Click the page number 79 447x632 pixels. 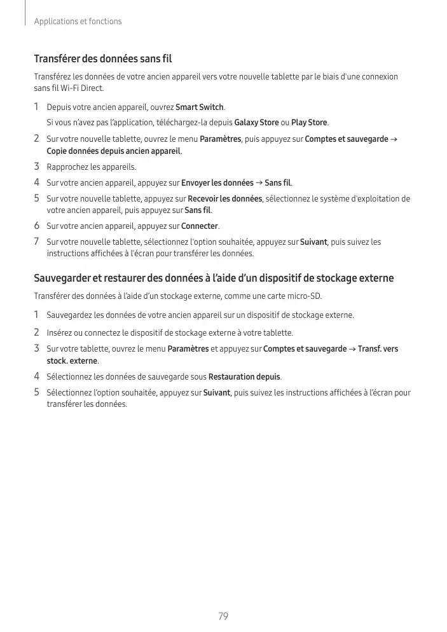coord(223,616)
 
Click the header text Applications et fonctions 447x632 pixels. coord(78,22)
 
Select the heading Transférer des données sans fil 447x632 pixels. coord(103,59)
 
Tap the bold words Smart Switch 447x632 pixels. coord(200,107)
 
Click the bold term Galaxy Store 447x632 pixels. coord(256,122)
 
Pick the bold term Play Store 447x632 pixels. coord(309,122)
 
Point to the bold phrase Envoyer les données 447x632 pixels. coord(217,183)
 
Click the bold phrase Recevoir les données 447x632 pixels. coord(225,199)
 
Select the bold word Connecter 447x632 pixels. coord(200,226)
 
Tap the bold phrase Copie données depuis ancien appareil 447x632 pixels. coord(114,151)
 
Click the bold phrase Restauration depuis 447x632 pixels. coord(244,376)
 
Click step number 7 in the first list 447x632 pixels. coord(37,242)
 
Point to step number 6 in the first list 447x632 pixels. coord(37,226)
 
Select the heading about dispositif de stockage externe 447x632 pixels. coord(214,278)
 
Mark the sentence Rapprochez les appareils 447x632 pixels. coord(92,167)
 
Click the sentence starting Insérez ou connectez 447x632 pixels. coord(170,333)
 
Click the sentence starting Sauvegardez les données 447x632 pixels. coord(200,315)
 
